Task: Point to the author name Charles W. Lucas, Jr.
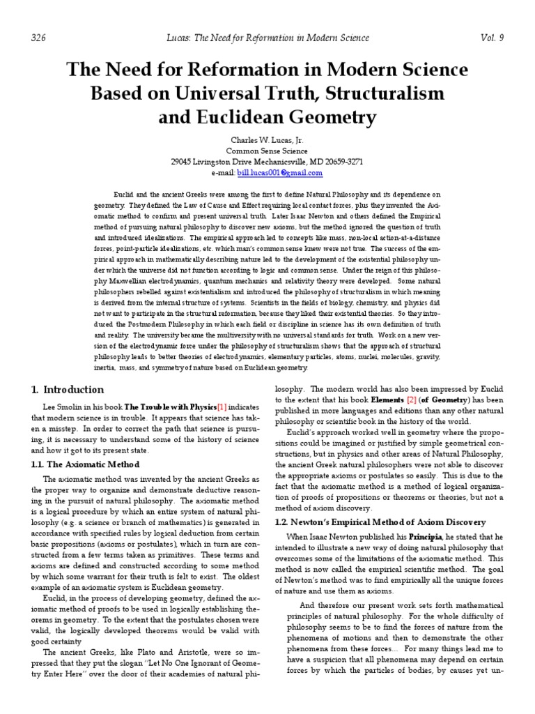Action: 267,139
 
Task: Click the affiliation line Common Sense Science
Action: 267,151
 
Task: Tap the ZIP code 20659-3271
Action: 342,162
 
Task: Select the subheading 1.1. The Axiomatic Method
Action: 84,464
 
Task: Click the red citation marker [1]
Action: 222,406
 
